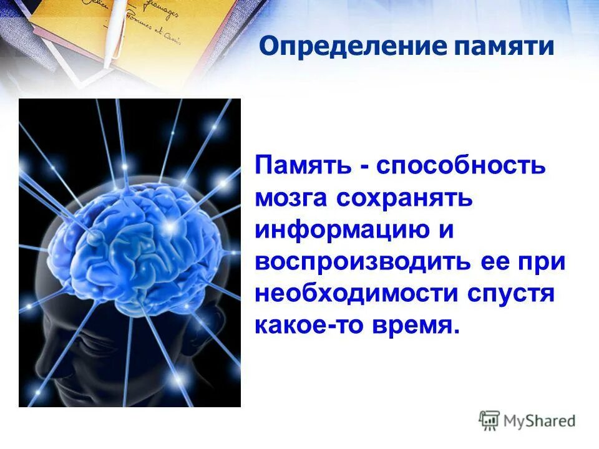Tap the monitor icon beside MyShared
(489, 420)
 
